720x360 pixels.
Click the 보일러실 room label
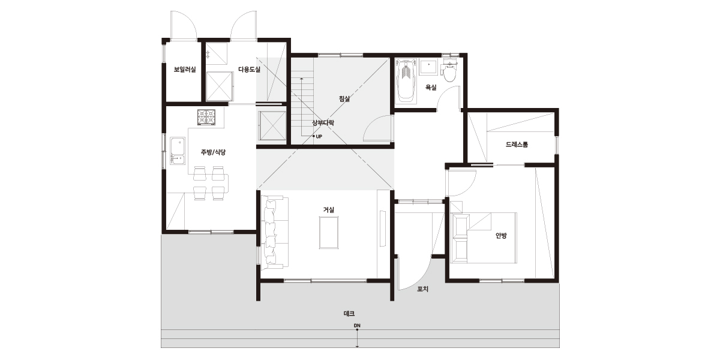click(x=185, y=70)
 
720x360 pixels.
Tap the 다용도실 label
click(x=250, y=70)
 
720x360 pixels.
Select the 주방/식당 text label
click(x=213, y=152)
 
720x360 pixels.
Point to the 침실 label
click(x=344, y=98)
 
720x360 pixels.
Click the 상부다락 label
click(x=323, y=123)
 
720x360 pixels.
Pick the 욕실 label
click(x=431, y=88)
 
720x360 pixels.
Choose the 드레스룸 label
click(x=517, y=145)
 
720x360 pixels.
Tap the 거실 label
click(x=329, y=210)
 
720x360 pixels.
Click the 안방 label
click(x=501, y=236)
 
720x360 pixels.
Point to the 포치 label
click(x=422, y=289)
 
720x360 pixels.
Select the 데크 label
click(x=349, y=313)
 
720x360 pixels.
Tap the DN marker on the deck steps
click(x=357, y=326)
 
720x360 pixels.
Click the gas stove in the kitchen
click(x=206, y=118)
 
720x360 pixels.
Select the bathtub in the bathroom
click(x=406, y=82)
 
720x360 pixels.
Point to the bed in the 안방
click(x=483, y=238)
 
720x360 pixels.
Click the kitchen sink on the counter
click(x=178, y=151)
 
